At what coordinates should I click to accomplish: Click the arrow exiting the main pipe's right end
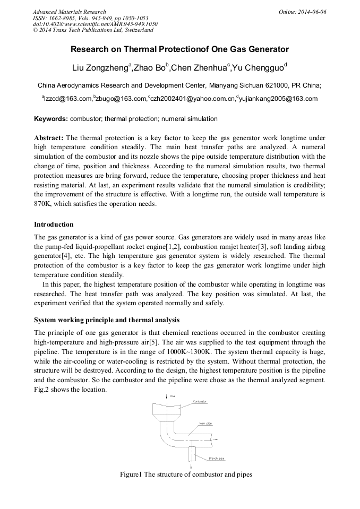coord(217,438)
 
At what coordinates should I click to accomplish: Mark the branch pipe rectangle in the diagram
coord(191,454)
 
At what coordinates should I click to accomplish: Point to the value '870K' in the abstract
coord(44,204)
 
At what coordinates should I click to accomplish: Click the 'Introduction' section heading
coord(54,225)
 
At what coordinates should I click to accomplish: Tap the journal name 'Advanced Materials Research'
coord(69,12)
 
